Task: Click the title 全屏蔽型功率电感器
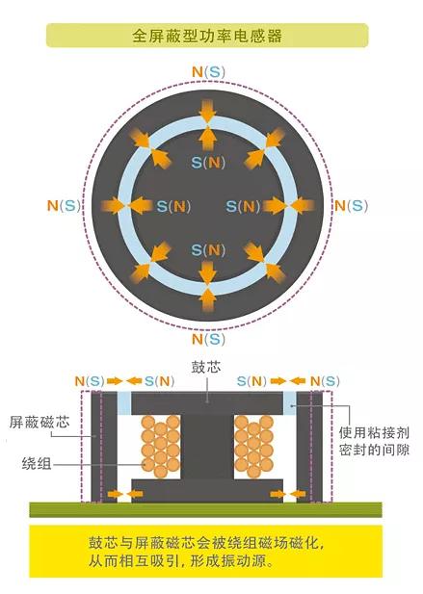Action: point(207,36)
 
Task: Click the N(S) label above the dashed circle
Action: point(208,71)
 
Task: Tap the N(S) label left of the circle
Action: point(64,205)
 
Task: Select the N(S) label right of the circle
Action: point(352,206)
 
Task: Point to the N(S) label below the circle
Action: point(208,339)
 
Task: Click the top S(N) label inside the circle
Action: point(208,163)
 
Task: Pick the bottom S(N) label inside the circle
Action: point(208,250)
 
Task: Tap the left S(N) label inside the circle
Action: point(173,206)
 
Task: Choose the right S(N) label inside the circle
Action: point(243,206)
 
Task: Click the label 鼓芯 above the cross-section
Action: point(206,367)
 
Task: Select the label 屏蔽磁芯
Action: point(40,422)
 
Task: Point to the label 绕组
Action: point(37,463)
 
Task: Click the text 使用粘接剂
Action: point(374,432)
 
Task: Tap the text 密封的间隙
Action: point(374,450)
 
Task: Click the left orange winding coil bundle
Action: point(160,446)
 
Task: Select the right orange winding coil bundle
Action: point(254,446)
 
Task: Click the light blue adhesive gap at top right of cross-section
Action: point(290,402)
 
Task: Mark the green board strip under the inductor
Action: point(206,509)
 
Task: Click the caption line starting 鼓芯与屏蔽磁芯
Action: point(206,543)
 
